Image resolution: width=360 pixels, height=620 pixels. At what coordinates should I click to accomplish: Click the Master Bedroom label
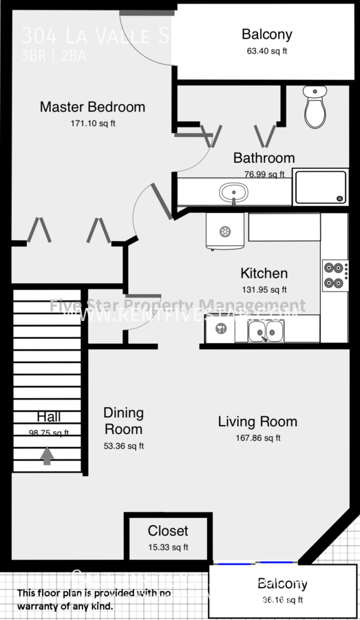[92, 107]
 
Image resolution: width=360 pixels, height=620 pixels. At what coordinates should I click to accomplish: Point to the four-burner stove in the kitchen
[335, 275]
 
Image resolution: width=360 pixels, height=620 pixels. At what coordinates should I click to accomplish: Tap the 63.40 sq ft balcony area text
[266, 51]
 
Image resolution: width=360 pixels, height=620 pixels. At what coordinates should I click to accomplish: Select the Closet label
[167, 531]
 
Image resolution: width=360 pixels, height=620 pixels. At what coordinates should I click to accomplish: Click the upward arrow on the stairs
[47, 455]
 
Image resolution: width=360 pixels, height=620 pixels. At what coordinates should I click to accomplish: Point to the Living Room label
[257, 422]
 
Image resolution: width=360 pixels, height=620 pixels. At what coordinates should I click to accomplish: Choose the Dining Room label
[124, 421]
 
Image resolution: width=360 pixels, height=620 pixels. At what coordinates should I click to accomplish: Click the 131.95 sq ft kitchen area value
[264, 290]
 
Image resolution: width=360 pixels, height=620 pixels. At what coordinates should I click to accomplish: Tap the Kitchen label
[264, 273]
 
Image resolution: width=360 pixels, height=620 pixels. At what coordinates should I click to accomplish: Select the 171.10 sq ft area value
[93, 124]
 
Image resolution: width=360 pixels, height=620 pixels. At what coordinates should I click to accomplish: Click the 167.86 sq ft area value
[257, 438]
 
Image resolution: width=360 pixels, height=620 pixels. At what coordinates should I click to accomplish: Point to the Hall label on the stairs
[49, 417]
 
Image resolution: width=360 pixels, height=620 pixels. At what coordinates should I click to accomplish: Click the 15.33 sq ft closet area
[167, 548]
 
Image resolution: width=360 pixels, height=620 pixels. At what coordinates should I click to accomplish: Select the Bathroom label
[264, 158]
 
